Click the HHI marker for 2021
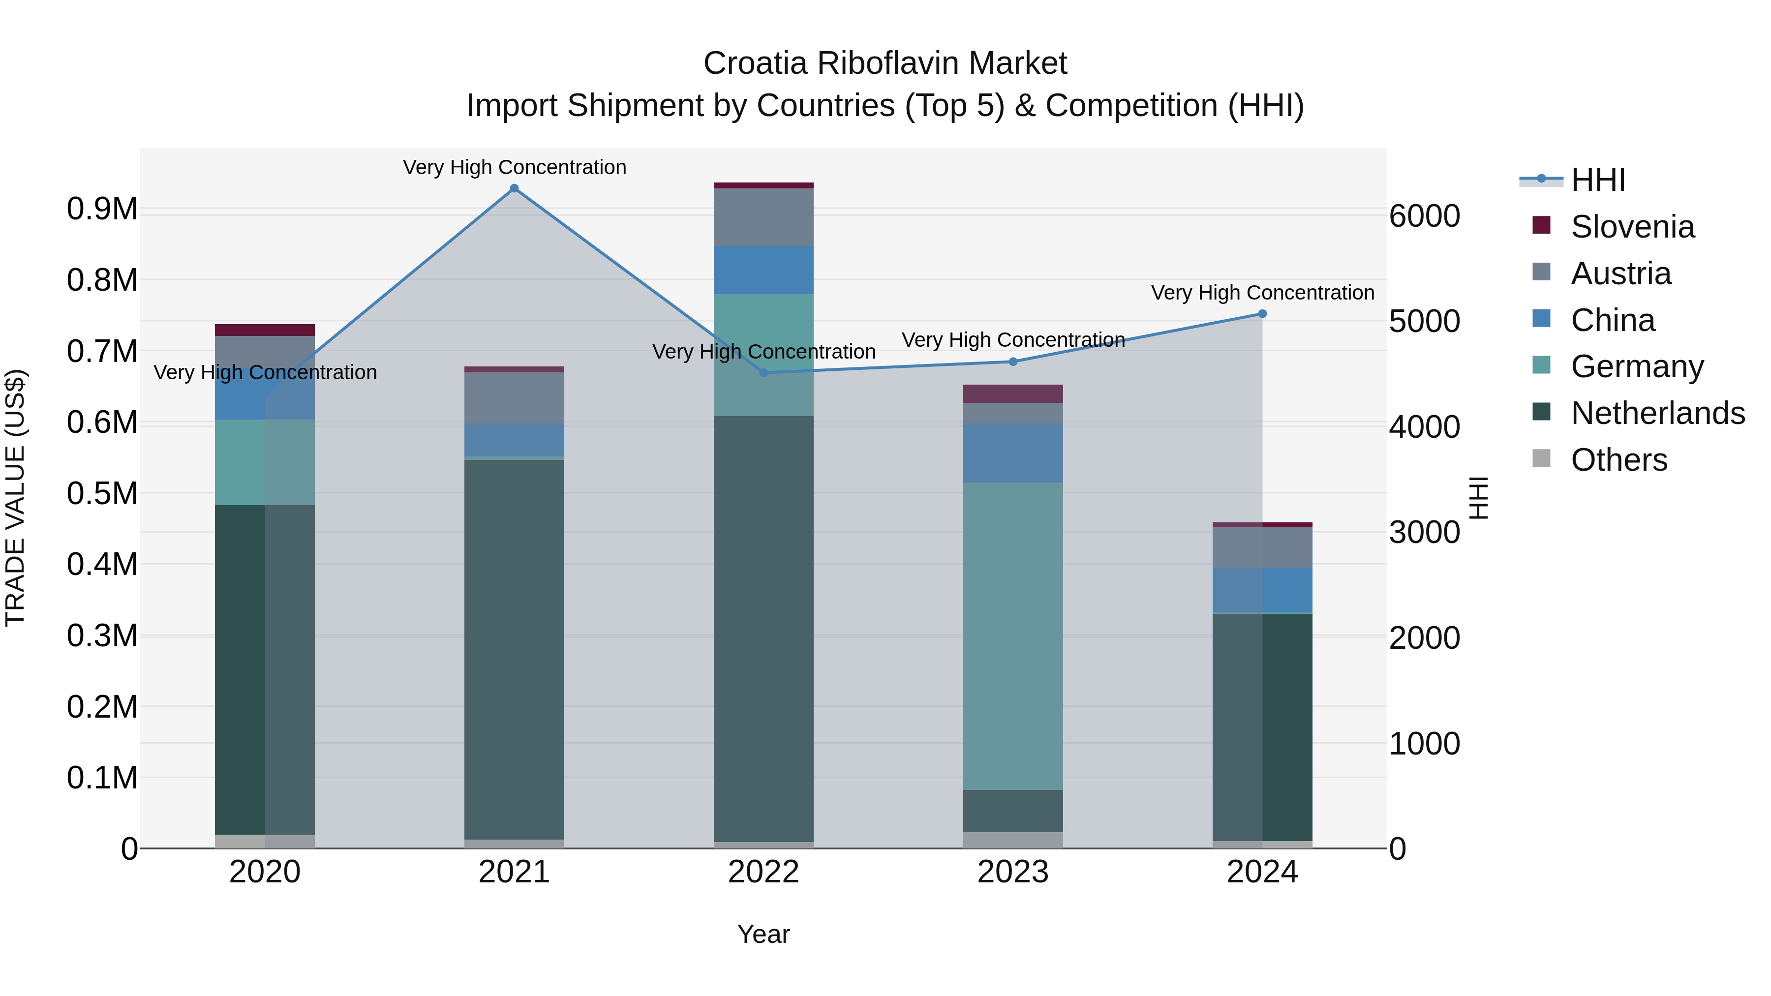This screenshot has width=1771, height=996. point(514,188)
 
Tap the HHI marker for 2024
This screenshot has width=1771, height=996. point(1262,314)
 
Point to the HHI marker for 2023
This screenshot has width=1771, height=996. point(1013,362)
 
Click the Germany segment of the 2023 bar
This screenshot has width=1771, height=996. point(1013,636)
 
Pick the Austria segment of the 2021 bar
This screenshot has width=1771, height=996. point(514,398)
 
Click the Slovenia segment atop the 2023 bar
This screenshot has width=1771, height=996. point(1013,394)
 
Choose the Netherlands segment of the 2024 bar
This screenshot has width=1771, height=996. point(1262,727)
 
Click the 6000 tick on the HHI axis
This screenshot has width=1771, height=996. point(1425,216)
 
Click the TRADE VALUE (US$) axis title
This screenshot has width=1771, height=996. point(15,498)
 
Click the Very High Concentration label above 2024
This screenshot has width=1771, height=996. point(1262,293)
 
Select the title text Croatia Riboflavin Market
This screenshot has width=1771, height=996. point(885,63)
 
